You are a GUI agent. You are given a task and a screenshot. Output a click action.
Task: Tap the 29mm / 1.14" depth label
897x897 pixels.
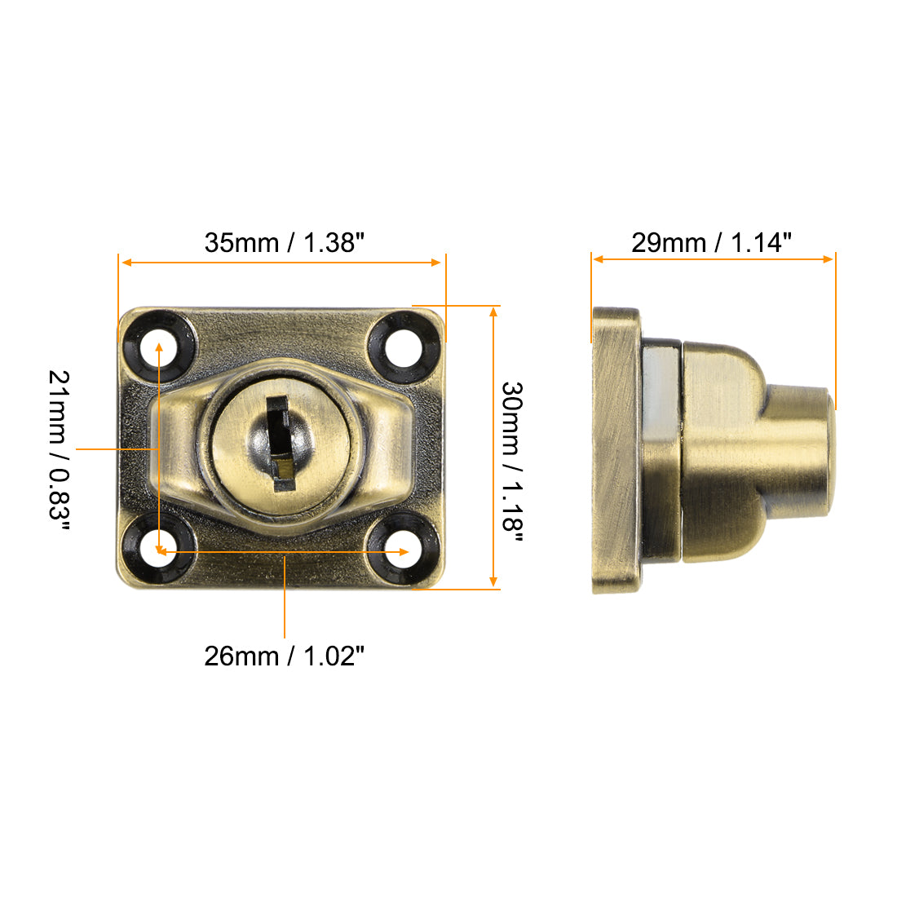711,242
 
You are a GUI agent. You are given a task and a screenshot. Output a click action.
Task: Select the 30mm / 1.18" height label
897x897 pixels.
511,456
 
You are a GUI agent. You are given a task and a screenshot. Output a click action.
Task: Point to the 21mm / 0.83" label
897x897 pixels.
60,449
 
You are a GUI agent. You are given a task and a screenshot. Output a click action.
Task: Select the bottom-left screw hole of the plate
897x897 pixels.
159,552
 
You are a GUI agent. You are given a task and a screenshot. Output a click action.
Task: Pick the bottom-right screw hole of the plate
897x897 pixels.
400,552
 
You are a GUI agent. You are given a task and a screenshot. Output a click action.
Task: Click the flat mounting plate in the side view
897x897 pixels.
616,449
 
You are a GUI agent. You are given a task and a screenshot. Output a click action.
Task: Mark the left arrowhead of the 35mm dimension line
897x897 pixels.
125,263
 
